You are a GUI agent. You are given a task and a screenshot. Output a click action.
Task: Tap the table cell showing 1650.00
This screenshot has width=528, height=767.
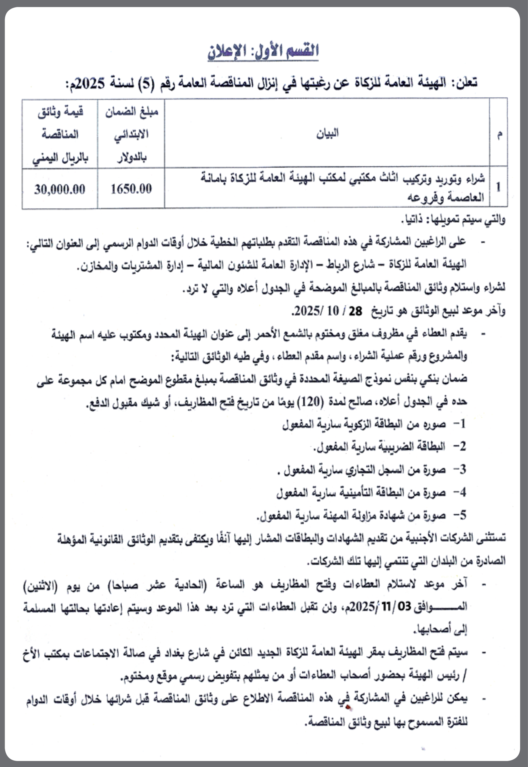131,189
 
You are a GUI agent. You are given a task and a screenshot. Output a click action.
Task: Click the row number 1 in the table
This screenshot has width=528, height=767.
498,187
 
